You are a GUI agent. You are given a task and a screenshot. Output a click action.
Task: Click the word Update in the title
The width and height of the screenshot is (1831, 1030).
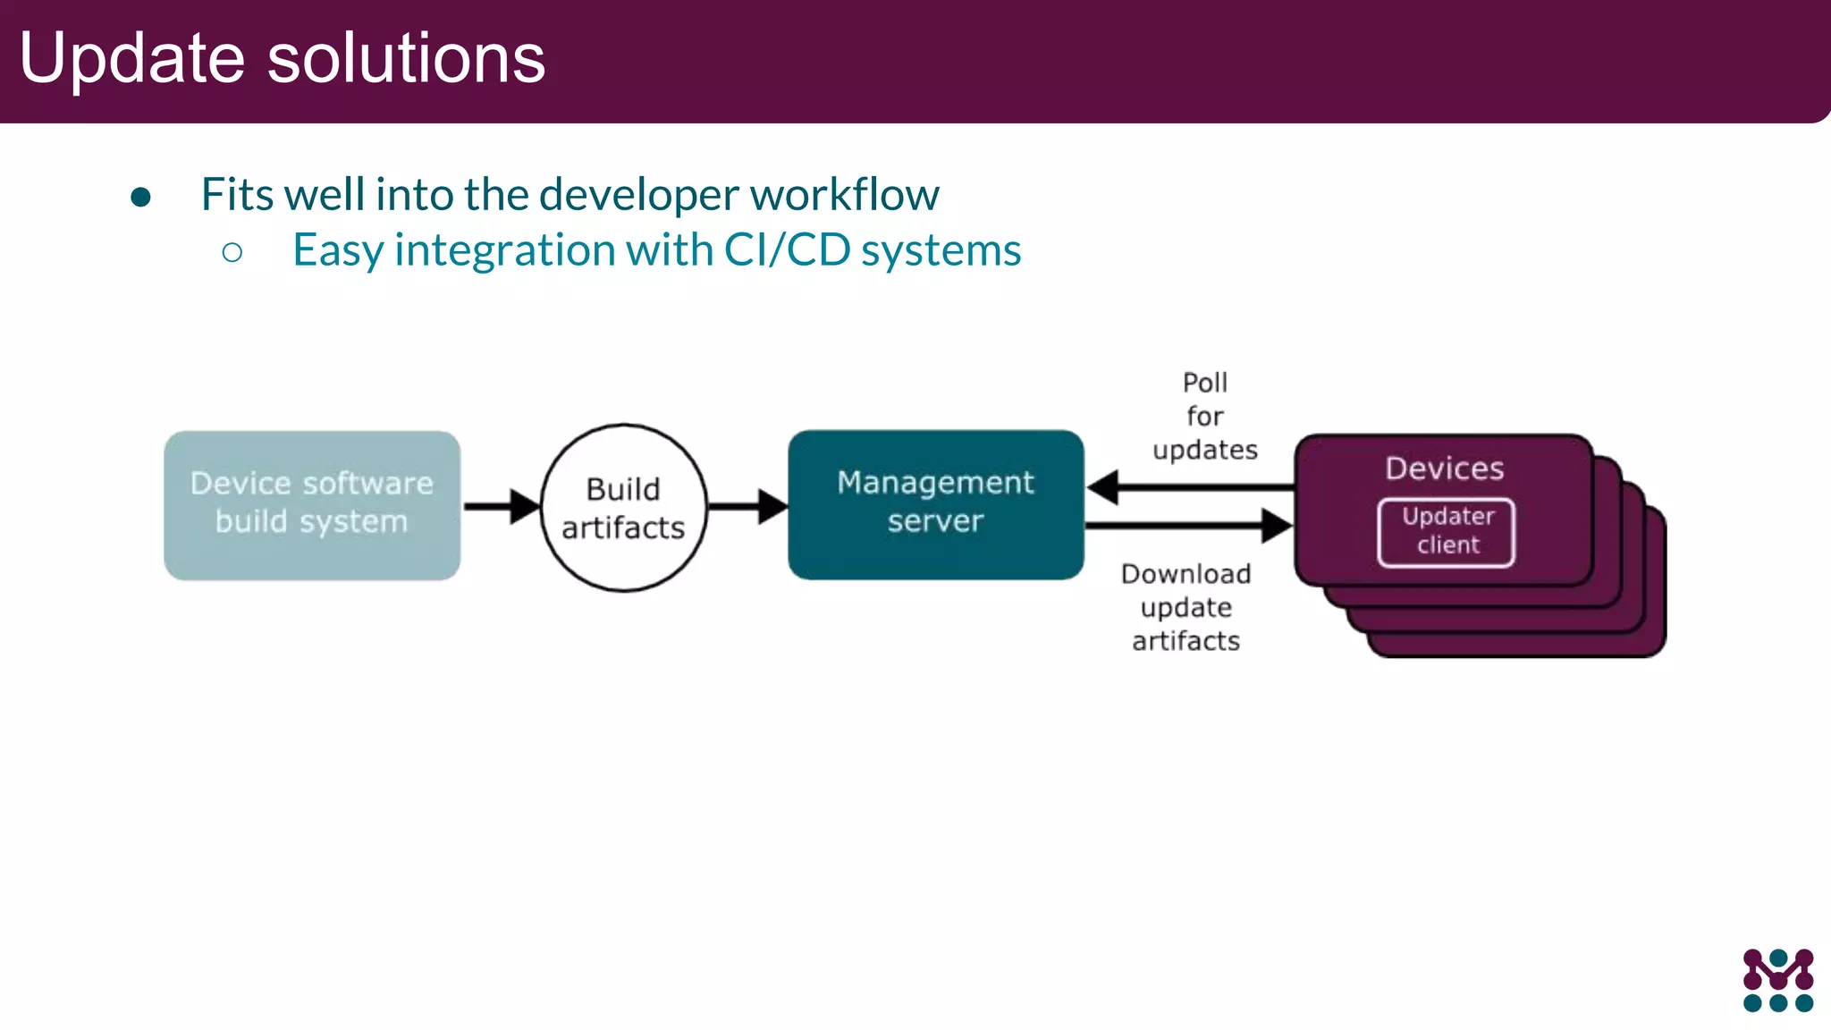tap(131, 59)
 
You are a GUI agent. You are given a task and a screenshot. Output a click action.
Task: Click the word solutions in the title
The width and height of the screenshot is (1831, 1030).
tap(406, 59)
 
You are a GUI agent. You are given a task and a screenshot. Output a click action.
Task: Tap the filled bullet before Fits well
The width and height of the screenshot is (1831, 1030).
tap(140, 197)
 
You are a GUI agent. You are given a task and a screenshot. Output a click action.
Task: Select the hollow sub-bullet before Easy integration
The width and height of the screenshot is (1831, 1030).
tap(232, 252)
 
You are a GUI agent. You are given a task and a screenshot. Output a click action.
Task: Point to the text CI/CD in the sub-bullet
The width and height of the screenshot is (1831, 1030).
tap(787, 250)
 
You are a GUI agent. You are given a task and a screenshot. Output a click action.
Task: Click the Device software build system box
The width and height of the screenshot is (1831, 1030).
tap(312, 505)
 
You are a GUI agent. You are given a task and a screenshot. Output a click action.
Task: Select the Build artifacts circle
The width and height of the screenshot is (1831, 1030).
tap(623, 508)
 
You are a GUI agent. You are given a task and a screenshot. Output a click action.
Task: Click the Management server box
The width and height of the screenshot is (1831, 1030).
tap(935, 504)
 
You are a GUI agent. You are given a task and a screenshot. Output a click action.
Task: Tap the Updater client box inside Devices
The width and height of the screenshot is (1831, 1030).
tap(1447, 532)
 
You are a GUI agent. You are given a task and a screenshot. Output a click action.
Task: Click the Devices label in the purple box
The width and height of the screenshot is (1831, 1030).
tap(1444, 469)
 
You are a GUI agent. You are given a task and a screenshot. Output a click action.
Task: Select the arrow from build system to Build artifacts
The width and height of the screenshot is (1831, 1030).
tap(501, 506)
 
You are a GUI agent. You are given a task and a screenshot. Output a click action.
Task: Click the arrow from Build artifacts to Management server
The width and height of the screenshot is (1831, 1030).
tap(747, 506)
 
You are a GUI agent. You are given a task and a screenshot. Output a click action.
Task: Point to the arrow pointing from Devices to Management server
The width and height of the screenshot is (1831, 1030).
tap(1189, 487)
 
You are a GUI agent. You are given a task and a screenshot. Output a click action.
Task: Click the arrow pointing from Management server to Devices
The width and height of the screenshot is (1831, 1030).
tap(1189, 526)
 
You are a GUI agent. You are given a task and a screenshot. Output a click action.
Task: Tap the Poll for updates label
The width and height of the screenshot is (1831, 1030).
tap(1204, 416)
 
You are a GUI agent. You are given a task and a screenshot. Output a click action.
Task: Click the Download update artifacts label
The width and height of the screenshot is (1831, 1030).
tap(1186, 607)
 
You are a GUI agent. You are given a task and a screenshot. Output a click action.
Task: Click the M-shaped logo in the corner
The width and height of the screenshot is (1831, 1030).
tap(1777, 980)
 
